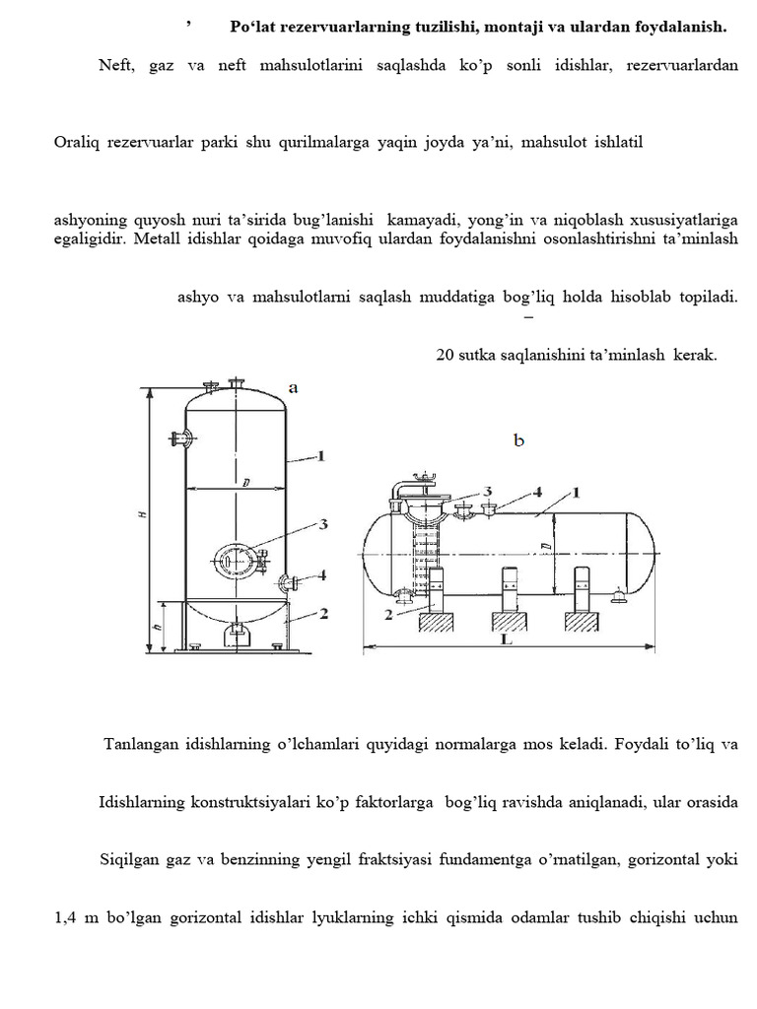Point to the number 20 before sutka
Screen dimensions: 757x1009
pyautogui.click(x=446, y=356)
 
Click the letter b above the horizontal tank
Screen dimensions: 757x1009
pyautogui.click(x=518, y=441)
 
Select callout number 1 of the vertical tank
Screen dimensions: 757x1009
pyautogui.click(x=322, y=455)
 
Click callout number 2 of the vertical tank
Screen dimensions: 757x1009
pyautogui.click(x=322, y=613)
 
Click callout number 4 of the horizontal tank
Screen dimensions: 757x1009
pyautogui.click(x=536, y=490)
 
